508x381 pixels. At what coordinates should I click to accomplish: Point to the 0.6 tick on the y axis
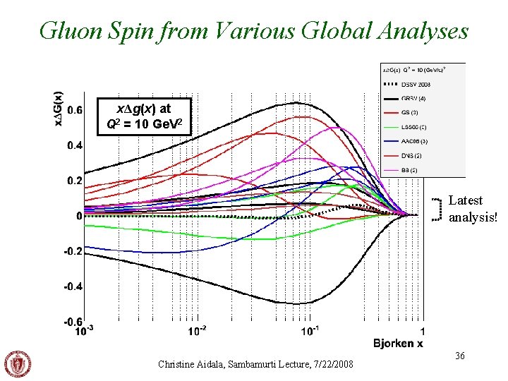(x=74, y=110)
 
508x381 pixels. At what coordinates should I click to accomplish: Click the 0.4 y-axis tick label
(x=74, y=145)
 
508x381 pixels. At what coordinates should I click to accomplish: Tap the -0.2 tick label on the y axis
(x=73, y=251)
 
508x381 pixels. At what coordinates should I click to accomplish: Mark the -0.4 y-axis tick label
(x=73, y=286)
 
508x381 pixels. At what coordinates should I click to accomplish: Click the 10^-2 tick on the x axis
(x=198, y=330)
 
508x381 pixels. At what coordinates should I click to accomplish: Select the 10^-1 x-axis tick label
(x=310, y=330)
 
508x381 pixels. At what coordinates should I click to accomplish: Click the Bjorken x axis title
(x=399, y=343)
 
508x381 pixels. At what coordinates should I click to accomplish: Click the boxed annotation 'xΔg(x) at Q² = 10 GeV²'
(x=144, y=117)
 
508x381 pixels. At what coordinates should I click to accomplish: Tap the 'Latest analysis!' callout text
(x=472, y=209)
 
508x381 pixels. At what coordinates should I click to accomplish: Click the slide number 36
(x=460, y=357)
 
